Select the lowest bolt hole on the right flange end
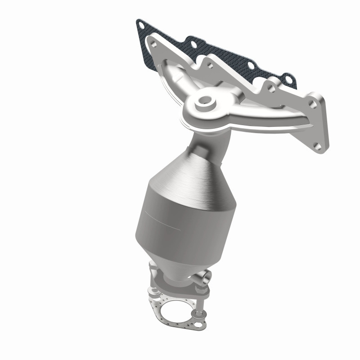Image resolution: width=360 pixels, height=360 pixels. click(x=317, y=146)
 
